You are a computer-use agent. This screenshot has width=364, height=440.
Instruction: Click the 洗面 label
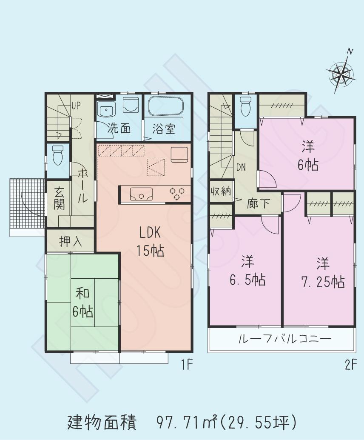coord(119,129)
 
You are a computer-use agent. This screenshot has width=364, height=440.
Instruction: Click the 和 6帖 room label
coord(82,303)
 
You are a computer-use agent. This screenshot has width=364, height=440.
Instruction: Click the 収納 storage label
coord(220,191)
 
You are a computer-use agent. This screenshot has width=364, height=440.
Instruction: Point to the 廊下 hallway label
coord(259,203)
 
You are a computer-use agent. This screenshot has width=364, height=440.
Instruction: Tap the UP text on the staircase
coord(76,105)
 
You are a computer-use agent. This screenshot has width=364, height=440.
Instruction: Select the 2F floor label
coord(351,365)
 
